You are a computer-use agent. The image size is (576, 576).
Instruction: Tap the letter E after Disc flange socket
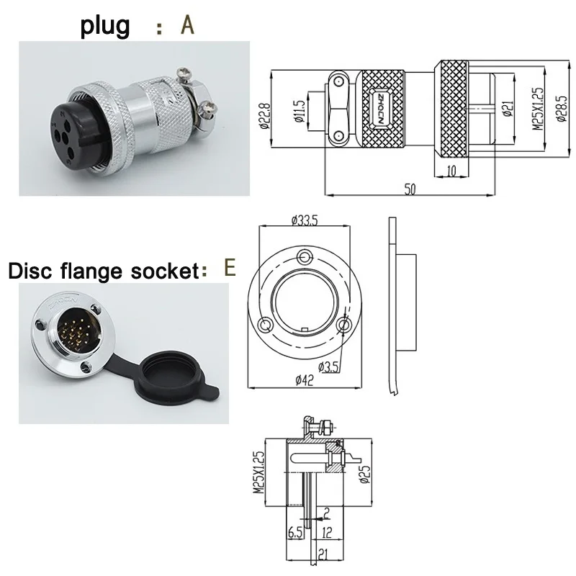230,268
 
